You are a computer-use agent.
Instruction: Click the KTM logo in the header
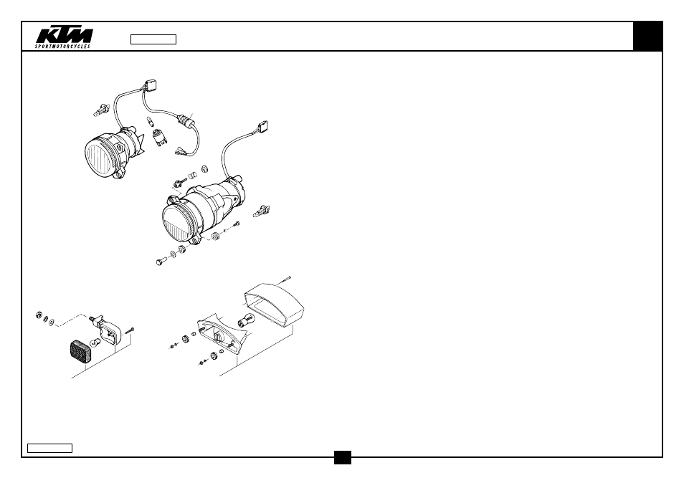click(64, 37)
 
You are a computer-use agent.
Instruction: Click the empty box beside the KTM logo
click(153, 39)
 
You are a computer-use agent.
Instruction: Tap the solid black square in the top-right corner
click(648, 36)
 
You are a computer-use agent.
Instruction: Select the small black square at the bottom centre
click(343, 457)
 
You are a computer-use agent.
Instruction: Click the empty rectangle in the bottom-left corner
click(49, 448)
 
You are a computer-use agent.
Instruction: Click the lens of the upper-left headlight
click(100, 155)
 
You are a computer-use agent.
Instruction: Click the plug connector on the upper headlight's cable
click(150, 84)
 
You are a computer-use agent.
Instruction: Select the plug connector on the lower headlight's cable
click(262, 127)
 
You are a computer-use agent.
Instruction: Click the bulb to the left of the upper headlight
click(101, 110)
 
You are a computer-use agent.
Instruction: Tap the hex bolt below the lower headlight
click(161, 261)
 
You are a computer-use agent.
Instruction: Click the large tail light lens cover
click(273, 305)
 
